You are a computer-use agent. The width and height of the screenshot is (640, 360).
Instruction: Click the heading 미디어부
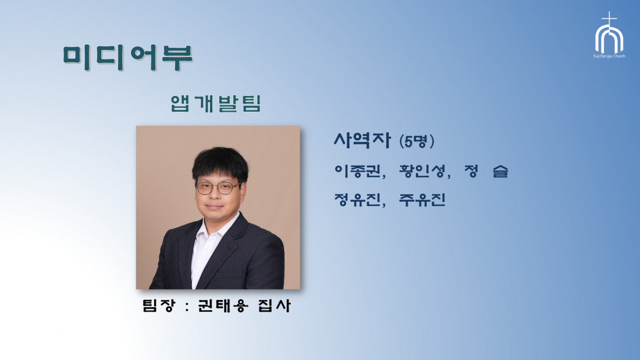point(128,58)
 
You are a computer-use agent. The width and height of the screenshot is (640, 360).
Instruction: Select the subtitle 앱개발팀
point(215,104)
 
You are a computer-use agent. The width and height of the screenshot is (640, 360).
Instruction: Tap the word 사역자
point(362,140)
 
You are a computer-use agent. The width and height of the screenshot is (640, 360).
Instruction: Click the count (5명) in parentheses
point(417,141)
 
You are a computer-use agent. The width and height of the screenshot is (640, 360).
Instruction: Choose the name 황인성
point(422,171)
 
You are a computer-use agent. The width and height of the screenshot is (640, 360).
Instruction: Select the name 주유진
point(422,199)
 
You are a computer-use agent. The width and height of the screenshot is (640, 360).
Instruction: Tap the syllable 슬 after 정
point(500,171)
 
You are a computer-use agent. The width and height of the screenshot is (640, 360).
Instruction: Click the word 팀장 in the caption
point(159,305)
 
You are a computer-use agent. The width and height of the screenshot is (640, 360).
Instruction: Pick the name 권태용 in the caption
point(223,305)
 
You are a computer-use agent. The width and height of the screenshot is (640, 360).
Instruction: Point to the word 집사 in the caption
point(274,305)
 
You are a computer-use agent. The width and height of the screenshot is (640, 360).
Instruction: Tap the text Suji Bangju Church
point(609,56)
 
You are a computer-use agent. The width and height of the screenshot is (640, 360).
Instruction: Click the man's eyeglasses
point(218,188)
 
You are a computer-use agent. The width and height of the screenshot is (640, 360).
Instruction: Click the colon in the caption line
point(187,306)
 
